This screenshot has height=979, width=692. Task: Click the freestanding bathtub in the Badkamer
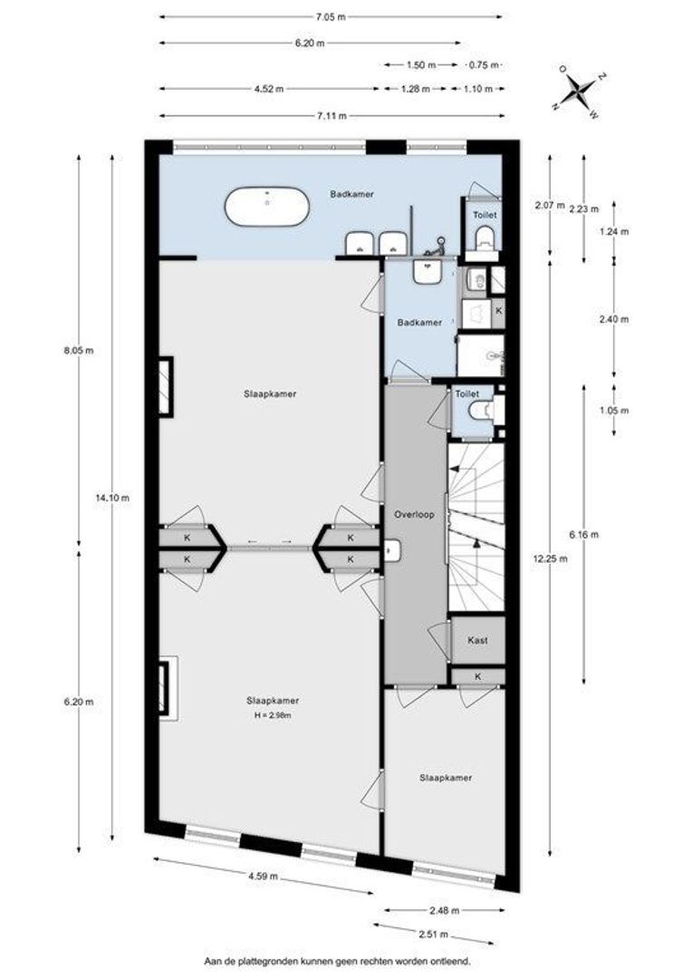[266, 208]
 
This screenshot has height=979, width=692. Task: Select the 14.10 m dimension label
[112, 498]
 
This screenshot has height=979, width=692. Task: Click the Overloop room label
[414, 515]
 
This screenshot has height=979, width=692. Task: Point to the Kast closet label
[477, 641]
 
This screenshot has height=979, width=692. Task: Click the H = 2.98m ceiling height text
[273, 715]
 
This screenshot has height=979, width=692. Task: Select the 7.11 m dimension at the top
[332, 115]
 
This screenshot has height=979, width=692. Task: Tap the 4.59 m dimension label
[263, 876]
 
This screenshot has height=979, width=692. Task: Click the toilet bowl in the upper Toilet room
[485, 237]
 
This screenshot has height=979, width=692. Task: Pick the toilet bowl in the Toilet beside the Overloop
[479, 411]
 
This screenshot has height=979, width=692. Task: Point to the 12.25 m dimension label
[551, 558]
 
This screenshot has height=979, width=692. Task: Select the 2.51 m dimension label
[435, 935]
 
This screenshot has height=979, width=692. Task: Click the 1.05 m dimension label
[614, 411]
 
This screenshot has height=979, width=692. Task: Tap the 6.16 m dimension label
[584, 535]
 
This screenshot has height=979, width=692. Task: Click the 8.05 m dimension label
[79, 351]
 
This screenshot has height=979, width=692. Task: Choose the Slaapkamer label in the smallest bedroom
[446, 778]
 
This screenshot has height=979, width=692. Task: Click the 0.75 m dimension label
[485, 64]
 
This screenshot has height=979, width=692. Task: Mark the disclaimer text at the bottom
[338, 961]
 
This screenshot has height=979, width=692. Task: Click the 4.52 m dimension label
[269, 89]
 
